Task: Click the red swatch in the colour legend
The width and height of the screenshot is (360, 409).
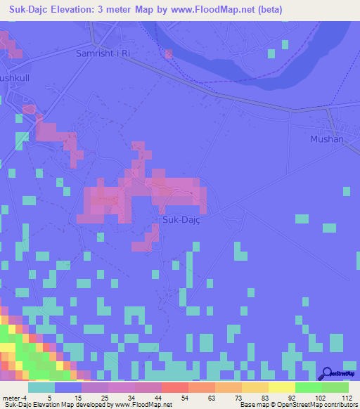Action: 174,387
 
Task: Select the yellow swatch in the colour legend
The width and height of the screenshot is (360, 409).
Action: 281,387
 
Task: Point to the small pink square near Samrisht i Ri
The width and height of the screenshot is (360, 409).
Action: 168,53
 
